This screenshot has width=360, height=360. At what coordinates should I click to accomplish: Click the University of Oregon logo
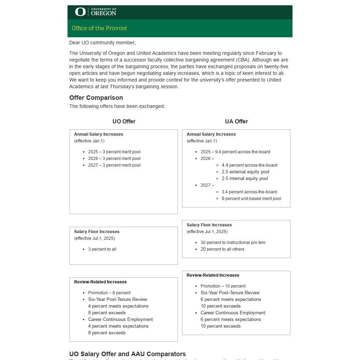click(95, 12)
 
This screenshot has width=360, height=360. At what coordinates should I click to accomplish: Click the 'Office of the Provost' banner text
click(99, 28)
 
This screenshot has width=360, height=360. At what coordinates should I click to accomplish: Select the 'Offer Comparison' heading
click(96, 98)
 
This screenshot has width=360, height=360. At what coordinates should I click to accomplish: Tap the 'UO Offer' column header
click(124, 121)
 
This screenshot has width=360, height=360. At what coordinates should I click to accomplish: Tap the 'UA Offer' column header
click(236, 121)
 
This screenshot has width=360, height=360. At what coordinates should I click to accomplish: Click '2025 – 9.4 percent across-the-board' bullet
click(235, 152)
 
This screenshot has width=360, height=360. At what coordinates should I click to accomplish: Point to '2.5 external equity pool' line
click(245, 172)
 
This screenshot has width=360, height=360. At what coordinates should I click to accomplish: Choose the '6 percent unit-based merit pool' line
click(251, 199)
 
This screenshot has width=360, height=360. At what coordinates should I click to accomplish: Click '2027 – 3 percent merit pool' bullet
click(114, 165)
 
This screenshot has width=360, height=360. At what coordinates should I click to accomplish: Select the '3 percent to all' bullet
click(102, 249)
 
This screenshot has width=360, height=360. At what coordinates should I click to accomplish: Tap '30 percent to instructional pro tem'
click(233, 243)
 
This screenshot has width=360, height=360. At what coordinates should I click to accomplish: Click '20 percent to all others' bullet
click(222, 249)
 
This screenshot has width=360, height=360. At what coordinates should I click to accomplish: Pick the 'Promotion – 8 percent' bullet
click(109, 293)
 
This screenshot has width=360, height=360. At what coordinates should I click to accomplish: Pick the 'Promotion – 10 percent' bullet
click(223, 286)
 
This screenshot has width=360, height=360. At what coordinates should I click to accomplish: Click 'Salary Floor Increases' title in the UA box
click(209, 225)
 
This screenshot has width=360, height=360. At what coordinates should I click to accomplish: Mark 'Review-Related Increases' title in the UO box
click(100, 282)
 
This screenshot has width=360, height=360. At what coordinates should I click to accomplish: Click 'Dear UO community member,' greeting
click(102, 43)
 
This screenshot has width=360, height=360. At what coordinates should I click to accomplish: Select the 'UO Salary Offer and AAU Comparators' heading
click(127, 354)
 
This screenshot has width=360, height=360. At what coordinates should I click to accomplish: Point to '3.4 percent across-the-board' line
click(249, 192)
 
